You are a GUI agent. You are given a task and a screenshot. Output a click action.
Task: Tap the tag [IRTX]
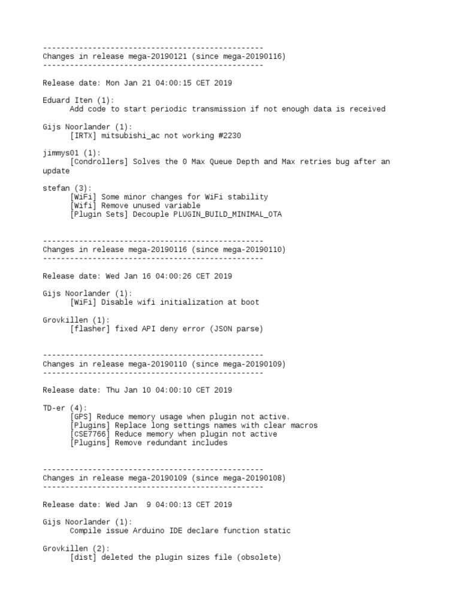pos(83,136)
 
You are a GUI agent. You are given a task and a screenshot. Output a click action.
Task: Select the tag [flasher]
pos(90,329)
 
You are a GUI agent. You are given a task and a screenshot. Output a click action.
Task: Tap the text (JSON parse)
pos(236,329)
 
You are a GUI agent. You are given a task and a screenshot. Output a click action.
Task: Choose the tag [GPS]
pos(81,417)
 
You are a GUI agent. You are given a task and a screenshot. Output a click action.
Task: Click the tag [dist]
pos(83,557)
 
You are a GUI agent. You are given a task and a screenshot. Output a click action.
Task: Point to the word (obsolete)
pos(258,557)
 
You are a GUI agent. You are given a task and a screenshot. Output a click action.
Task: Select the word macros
pos(302,426)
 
